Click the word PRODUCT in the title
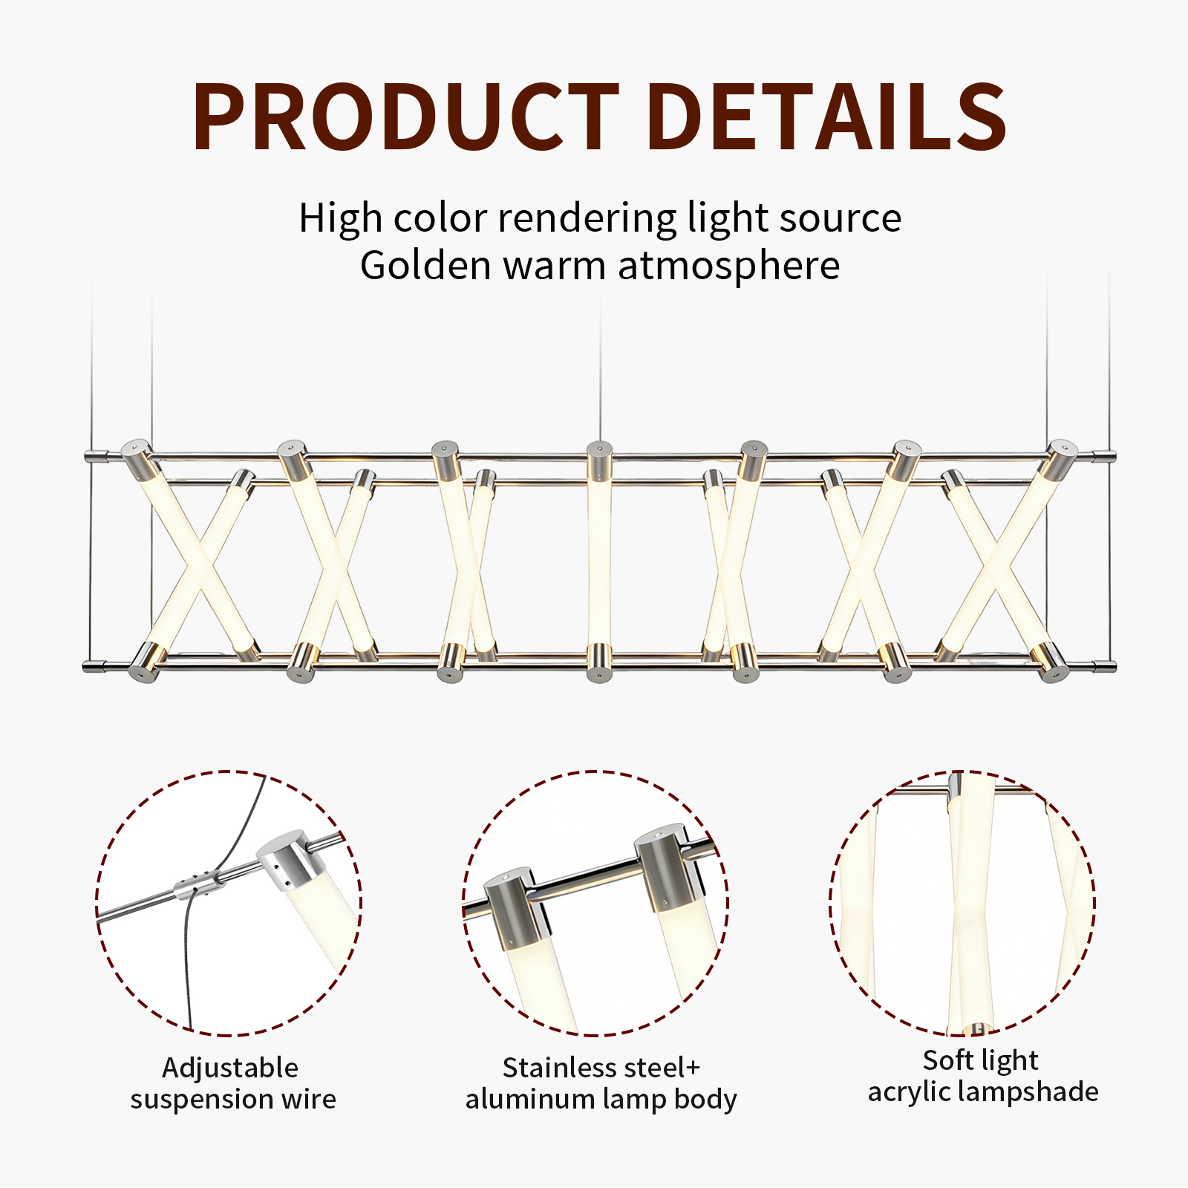pyautogui.click(x=406, y=117)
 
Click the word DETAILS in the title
pyautogui.click(x=826, y=117)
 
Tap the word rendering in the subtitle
pyautogui.click(x=587, y=220)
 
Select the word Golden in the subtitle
pyautogui.click(x=425, y=266)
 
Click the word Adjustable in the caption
pyautogui.click(x=230, y=1068)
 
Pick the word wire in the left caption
pyautogui.click(x=308, y=1099)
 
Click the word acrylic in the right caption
pyautogui.click(x=908, y=1092)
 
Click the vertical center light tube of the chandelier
pyautogui.click(x=599, y=561)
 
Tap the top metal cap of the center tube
pyautogui.click(x=599, y=460)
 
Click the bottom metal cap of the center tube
pyautogui.click(x=599, y=663)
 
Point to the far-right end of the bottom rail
pyautogui.click(x=1114, y=667)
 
